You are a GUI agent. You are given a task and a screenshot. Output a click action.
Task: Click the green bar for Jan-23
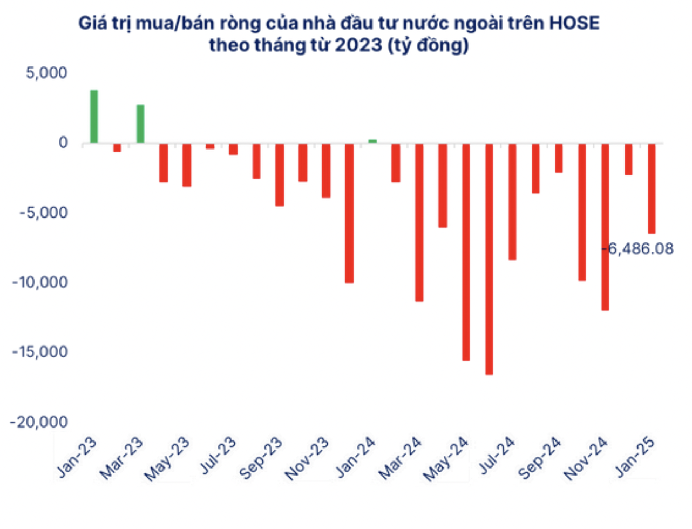(94, 117)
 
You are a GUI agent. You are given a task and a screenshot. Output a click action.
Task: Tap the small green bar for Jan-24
(372, 141)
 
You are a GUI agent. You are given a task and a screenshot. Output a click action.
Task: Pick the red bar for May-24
(466, 252)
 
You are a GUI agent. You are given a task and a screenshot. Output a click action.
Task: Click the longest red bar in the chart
(489, 259)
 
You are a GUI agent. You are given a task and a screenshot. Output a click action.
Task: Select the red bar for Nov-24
(605, 227)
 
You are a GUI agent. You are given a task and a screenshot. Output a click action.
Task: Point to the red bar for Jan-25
(652, 188)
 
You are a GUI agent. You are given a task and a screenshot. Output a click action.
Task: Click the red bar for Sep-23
(280, 175)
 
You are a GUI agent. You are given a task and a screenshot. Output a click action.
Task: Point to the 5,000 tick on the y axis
(47, 73)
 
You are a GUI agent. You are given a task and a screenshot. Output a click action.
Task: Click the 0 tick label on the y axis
(63, 143)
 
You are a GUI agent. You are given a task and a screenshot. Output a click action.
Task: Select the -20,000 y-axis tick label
(39, 422)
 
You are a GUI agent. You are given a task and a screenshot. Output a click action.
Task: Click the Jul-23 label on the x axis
(219, 456)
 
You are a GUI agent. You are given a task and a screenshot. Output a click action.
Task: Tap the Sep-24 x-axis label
(540, 459)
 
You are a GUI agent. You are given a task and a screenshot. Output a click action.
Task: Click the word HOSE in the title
(574, 23)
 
